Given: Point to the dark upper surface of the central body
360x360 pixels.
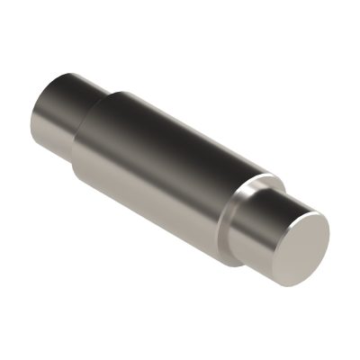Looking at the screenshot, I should [180, 126].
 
